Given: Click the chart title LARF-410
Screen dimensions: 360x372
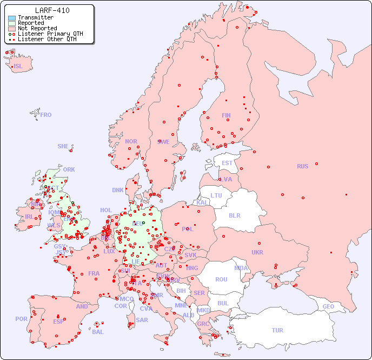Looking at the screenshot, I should coord(52,10).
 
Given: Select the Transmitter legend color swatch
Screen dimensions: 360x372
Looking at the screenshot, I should coord(12,17).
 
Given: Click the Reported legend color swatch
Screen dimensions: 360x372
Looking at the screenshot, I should coord(12,23).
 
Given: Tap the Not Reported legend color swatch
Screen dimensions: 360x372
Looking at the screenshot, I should coord(12,28).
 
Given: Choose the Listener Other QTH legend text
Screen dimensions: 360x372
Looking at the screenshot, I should coord(47,39).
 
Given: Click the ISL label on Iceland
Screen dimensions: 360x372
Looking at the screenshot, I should coord(18,67).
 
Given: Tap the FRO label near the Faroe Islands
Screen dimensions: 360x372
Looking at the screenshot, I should coord(46,115).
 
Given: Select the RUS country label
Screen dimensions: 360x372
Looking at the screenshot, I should coord(302,166).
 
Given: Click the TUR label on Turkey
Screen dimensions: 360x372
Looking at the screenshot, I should coord(277,330).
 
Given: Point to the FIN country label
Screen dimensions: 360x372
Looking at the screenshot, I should coord(226,115).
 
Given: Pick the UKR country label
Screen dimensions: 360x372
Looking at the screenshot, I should coord(257,252).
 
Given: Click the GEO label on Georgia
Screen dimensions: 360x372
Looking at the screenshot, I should coord(328,306).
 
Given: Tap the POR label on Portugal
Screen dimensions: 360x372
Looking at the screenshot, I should coord(21,319).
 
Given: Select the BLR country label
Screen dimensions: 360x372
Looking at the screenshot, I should coord(235,215).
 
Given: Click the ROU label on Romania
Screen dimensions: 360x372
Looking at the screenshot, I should coord(221,279).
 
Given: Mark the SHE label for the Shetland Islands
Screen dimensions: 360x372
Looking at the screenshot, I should coord(63,146).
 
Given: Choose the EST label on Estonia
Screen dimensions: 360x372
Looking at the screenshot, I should coord(227,163).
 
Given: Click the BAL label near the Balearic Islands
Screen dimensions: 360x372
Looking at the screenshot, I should coord(98,332).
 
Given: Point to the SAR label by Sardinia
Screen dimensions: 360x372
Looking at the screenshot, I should coord(142,320).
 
